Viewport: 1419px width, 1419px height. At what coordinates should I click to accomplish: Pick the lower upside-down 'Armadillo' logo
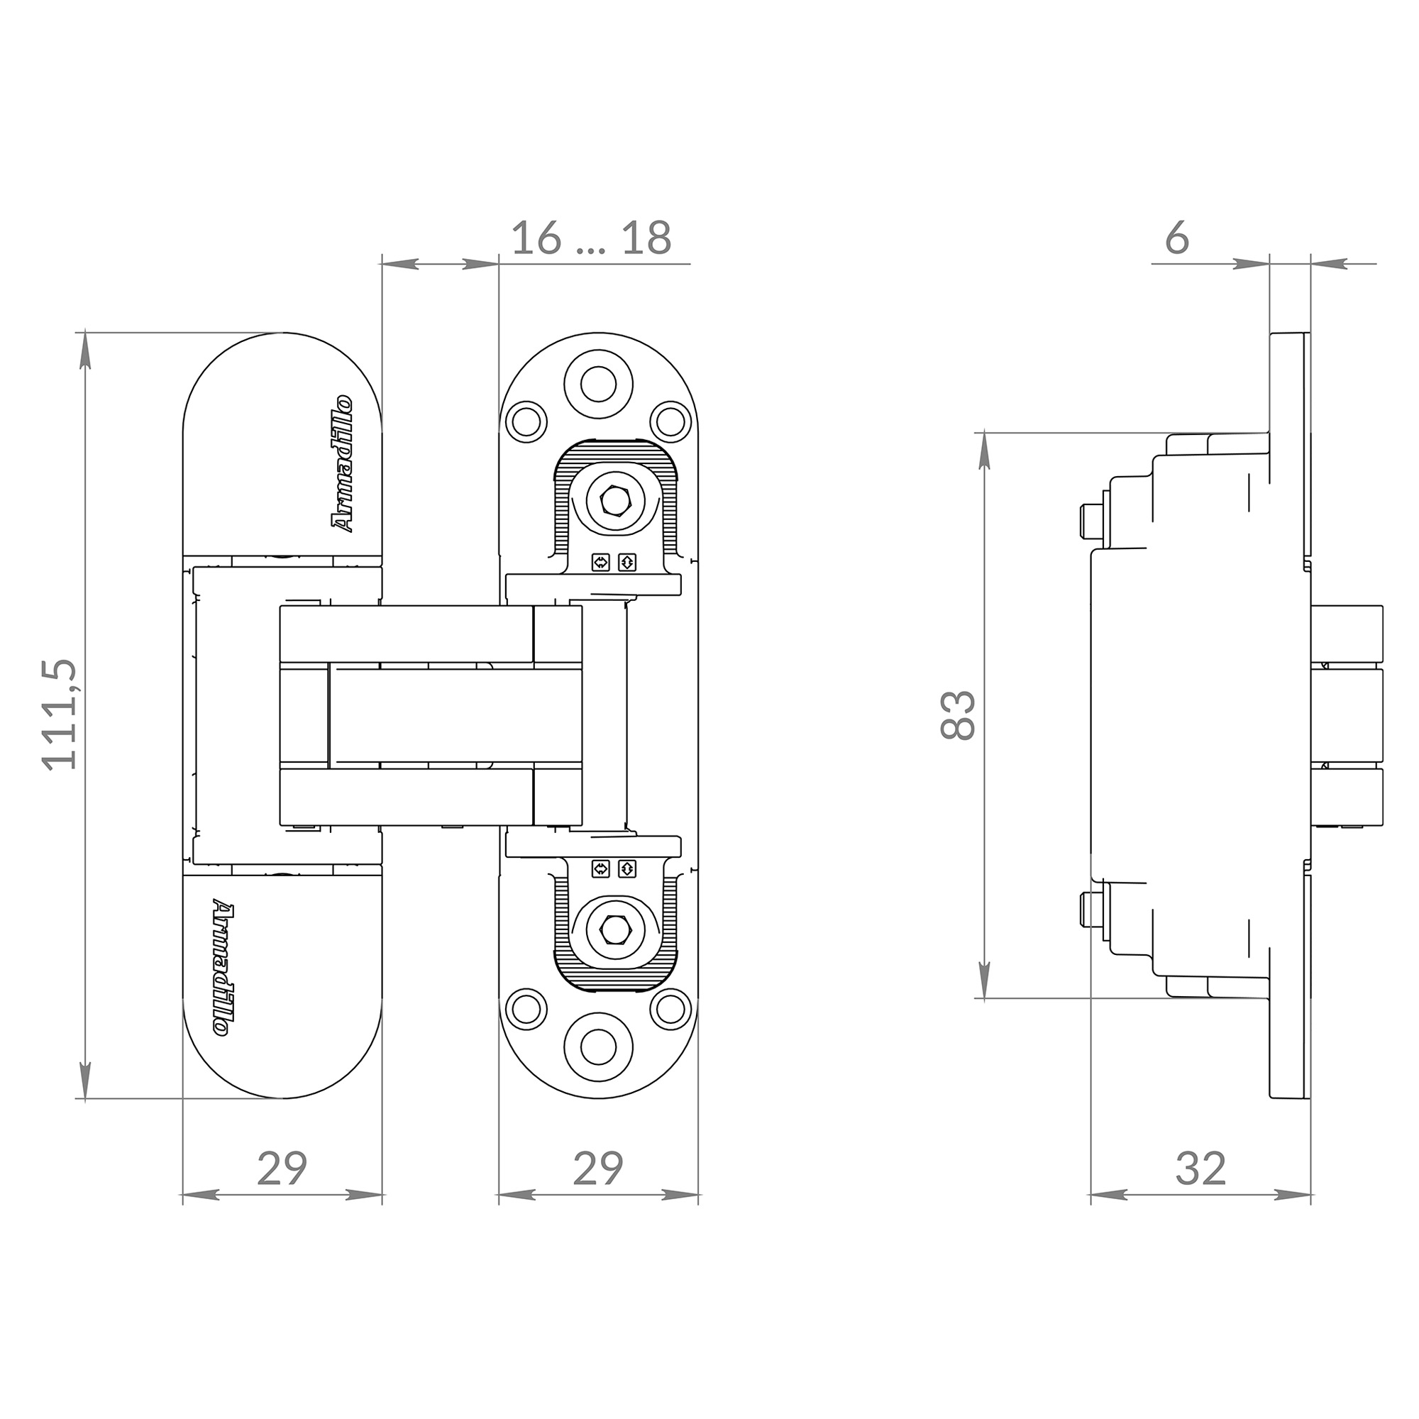223,968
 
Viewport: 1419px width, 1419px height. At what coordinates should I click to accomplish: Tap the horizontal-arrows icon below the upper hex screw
601,563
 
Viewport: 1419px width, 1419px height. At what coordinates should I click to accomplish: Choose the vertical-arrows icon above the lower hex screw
627,869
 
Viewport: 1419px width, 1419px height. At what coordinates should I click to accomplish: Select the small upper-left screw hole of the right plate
526,421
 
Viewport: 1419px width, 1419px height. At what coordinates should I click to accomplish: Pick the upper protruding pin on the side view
1092,520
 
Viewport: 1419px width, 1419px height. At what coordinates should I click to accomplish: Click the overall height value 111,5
60,714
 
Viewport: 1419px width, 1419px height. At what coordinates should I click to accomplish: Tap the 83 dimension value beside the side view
957,714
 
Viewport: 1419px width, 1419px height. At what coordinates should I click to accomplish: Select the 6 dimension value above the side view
1176,238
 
